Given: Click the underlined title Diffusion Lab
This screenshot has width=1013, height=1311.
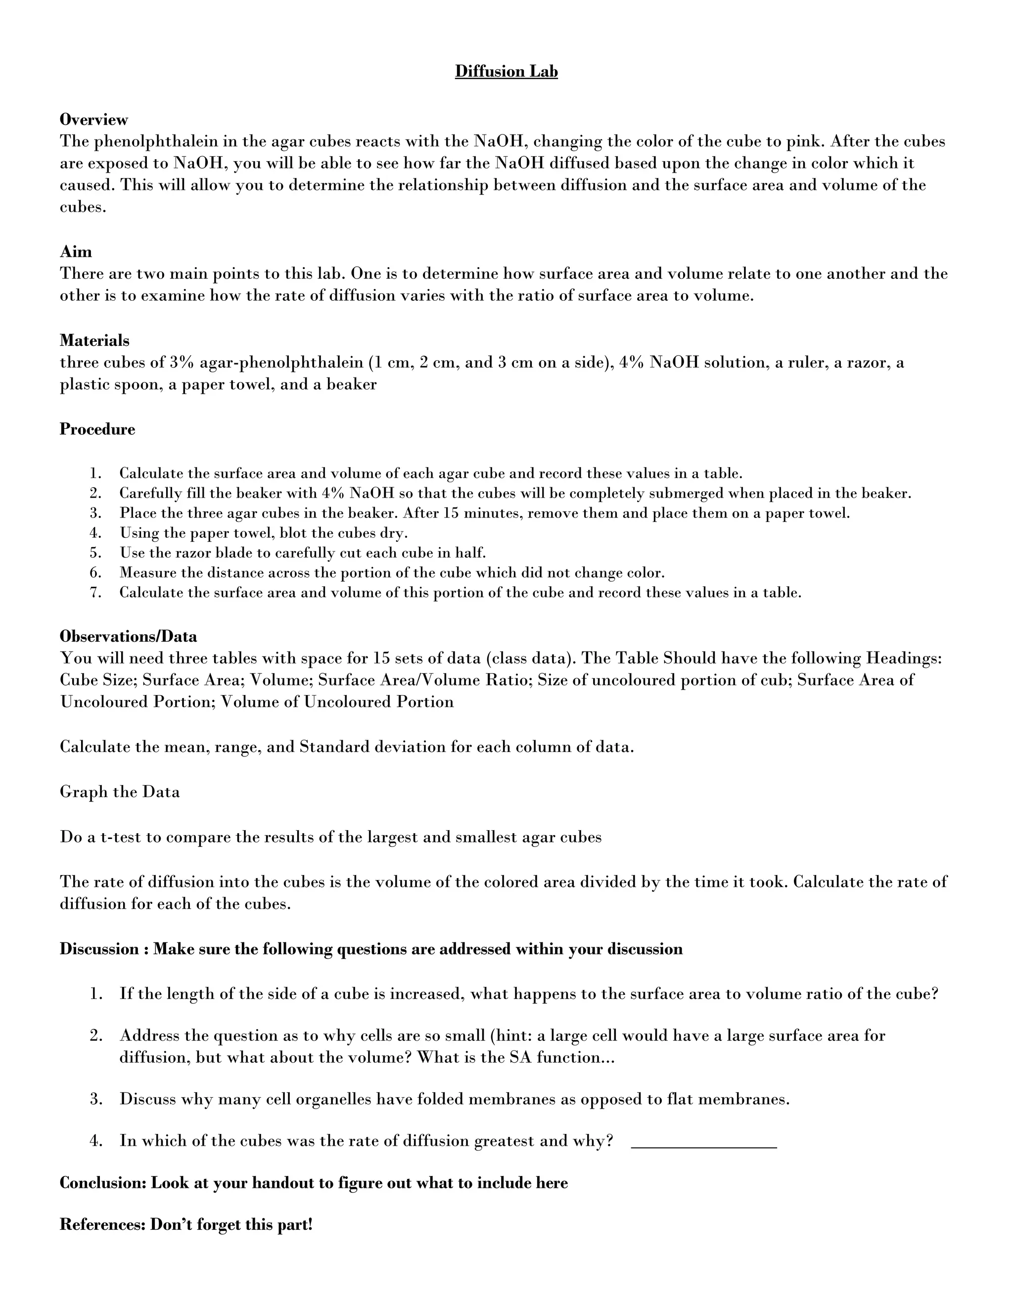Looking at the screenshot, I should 506,71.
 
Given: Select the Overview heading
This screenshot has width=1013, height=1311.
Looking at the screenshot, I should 93,119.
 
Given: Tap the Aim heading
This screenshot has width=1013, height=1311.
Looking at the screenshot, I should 76,251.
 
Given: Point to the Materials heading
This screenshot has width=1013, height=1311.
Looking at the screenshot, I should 94,340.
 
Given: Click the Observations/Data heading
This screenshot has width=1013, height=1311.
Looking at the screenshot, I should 128,636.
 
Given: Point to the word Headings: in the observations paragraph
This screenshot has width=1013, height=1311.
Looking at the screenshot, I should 903,658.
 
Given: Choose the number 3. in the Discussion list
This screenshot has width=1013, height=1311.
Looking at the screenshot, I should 96,1099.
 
